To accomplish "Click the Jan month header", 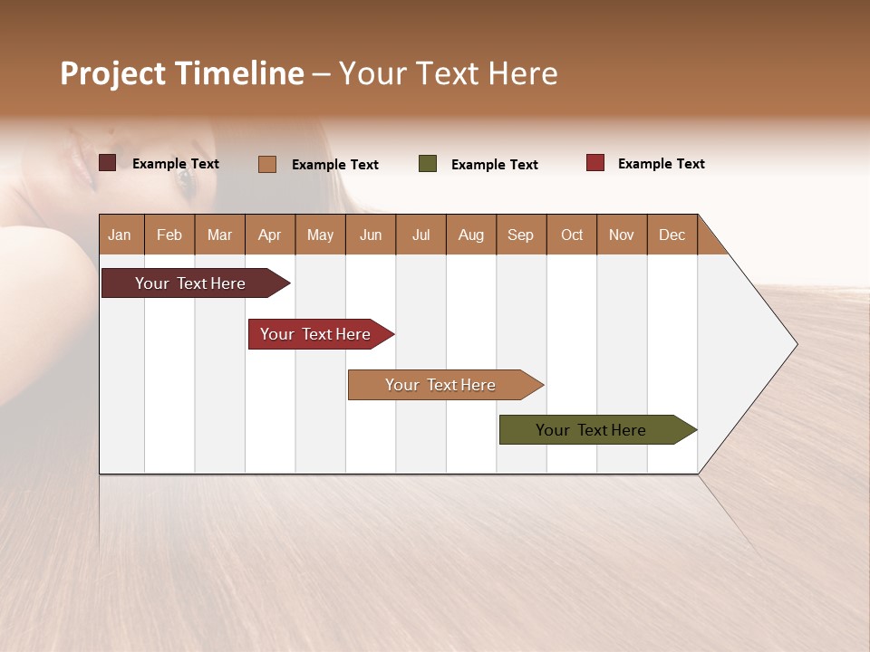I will pyautogui.click(x=121, y=235).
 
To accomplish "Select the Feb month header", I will pyautogui.click(x=169, y=235).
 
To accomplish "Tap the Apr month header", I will pyautogui.click(x=269, y=235).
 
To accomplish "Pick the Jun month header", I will pyautogui.click(x=371, y=235).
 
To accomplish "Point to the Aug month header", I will pyautogui.click(x=470, y=235).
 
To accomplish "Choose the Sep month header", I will pyautogui.click(x=520, y=235).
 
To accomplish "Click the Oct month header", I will pyautogui.click(x=572, y=235).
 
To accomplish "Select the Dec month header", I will pyautogui.click(x=672, y=235).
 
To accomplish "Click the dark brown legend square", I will pyautogui.click(x=108, y=163).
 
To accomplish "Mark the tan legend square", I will pyautogui.click(x=267, y=164).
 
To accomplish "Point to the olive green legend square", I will pyautogui.click(x=428, y=164).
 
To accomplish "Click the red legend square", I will pyautogui.click(x=595, y=163).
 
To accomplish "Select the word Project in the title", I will pyautogui.click(x=112, y=73).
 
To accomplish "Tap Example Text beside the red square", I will pyautogui.click(x=661, y=164).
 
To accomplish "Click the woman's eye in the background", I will pyautogui.click(x=185, y=177).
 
